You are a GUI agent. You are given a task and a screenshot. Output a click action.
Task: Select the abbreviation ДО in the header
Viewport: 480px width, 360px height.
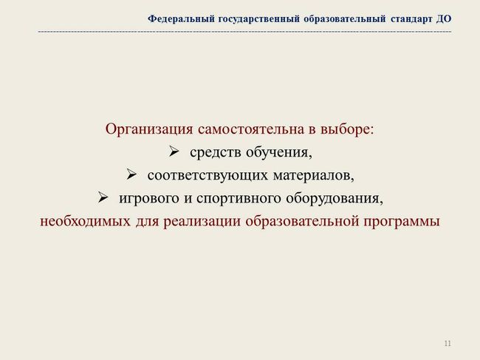coord(444,19)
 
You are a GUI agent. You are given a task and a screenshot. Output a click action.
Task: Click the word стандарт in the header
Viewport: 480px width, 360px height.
coord(411,19)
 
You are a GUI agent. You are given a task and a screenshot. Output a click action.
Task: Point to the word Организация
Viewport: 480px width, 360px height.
coord(149,129)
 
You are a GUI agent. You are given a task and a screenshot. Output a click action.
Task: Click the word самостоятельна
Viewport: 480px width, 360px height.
coord(251,129)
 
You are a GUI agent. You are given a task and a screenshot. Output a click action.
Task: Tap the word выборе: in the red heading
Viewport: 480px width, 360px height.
coord(347,129)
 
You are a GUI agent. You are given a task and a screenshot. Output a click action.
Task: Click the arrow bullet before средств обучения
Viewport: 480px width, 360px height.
coord(174,152)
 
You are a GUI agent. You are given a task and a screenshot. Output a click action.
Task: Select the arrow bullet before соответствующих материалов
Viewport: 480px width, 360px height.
coord(131,174)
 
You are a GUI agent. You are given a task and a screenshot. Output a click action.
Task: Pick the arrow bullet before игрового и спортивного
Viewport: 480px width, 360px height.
coord(103,197)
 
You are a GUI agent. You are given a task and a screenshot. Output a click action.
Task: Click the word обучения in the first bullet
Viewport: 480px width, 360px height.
coord(279,152)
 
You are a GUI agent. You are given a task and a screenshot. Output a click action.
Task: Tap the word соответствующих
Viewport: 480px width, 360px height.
coord(208,175)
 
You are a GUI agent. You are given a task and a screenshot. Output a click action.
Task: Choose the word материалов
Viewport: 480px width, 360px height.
coord(313,175)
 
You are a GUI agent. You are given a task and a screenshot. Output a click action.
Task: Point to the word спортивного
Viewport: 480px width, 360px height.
coord(239,199)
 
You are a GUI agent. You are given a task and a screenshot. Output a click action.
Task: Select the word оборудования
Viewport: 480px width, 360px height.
coord(335,199)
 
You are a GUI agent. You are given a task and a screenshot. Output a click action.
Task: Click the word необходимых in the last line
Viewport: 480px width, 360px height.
coord(86,221)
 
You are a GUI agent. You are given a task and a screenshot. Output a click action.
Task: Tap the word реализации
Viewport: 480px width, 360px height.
coord(202,222)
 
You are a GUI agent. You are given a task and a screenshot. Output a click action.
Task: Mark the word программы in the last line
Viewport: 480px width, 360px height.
coord(402,222)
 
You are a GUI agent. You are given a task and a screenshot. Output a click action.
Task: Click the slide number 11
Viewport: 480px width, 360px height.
coord(448,343)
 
